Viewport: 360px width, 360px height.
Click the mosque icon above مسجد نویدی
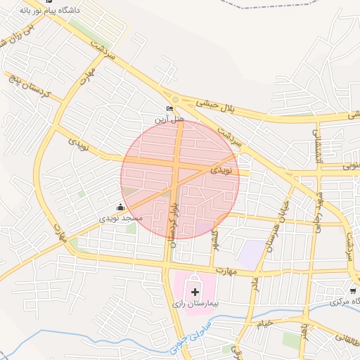[x=120, y=207]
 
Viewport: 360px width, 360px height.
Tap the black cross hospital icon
[x=195, y=290]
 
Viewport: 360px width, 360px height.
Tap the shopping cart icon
[x=353, y=290]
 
